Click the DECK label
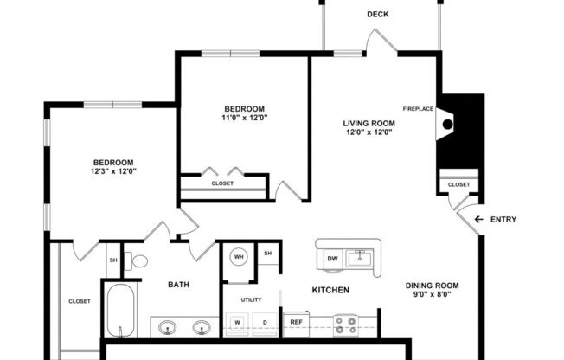[x=377, y=14]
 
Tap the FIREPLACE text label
[x=417, y=109]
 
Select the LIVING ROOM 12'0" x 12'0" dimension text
[x=369, y=132]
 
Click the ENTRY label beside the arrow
[x=503, y=220]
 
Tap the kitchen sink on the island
[x=361, y=257]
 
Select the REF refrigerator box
[x=296, y=322]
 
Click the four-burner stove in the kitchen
[x=346, y=324]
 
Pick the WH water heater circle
[x=239, y=257]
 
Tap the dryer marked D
[x=265, y=323]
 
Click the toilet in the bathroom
[x=137, y=260]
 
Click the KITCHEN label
[x=330, y=290]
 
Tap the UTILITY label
[x=251, y=299]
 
